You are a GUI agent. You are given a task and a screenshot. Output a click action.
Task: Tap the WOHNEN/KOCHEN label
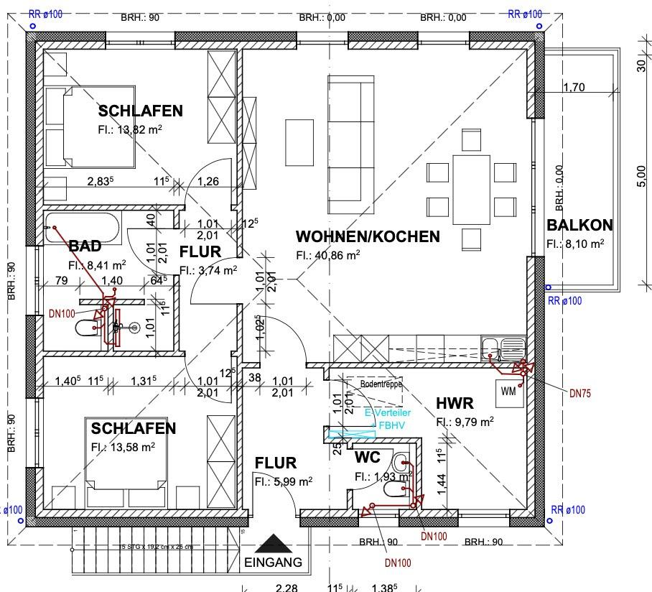(368, 236)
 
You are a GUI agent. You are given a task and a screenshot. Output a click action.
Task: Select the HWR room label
(455, 404)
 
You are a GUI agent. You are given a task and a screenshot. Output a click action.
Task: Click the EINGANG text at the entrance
(273, 563)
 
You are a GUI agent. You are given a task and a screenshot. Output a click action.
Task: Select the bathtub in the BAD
(81, 227)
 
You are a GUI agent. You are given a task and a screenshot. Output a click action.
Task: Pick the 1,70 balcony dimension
(574, 88)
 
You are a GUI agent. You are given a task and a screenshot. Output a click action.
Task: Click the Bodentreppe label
(381, 384)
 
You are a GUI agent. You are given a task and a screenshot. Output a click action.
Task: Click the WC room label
(368, 458)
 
